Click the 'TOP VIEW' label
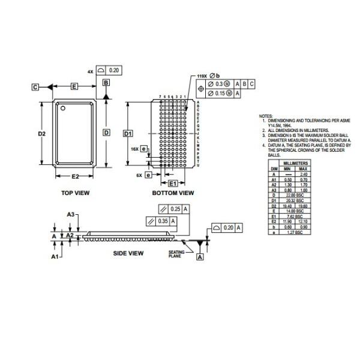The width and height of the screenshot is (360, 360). (75, 193)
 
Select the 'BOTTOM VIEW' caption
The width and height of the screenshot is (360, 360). (173, 193)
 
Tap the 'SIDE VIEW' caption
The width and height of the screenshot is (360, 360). (128, 253)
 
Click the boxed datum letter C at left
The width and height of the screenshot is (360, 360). (36, 88)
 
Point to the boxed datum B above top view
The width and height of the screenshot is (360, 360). (106, 82)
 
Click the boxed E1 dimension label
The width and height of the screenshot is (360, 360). (172, 182)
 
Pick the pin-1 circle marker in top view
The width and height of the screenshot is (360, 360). (61, 108)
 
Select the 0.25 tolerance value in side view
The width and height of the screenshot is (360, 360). (175, 208)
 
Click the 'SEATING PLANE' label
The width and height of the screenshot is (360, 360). (176, 254)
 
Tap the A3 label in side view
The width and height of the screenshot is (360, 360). (70, 214)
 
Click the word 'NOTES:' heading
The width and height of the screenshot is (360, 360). (265, 115)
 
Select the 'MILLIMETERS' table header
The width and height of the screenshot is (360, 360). (296, 163)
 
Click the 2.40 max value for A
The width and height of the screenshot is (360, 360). (304, 173)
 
